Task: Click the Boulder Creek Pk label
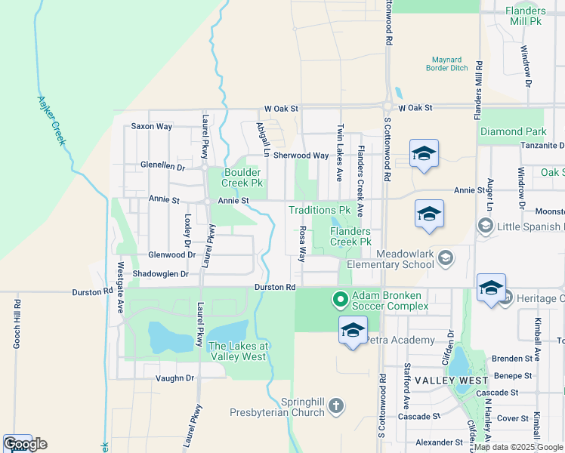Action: [x=242, y=177]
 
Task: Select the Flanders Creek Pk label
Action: [x=350, y=236]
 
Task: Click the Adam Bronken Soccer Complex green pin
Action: [x=340, y=300]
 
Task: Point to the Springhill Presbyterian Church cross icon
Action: [x=335, y=407]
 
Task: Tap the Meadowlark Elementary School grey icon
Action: [x=445, y=259]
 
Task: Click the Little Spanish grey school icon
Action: [x=484, y=226]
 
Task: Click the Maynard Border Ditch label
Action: [x=451, y=64]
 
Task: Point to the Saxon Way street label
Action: [x=151, y=126]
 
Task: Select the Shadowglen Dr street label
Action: [x=160, y=273]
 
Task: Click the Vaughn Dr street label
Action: [x=174, y=377]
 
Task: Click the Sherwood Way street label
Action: [x=301, y=156]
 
